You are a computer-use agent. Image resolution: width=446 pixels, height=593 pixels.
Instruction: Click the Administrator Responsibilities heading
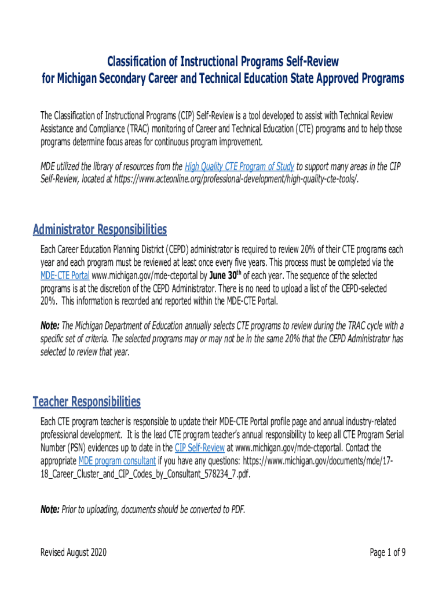tap(100, 230)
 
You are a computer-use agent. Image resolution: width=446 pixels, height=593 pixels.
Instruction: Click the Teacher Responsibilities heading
tap(86, 401)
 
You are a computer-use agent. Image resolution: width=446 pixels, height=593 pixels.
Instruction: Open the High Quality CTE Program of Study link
tap(240, 167)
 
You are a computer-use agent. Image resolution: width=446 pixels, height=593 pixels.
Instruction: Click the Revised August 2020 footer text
tap(73, 552)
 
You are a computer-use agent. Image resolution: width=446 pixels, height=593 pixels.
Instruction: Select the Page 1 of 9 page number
tap(387, 552)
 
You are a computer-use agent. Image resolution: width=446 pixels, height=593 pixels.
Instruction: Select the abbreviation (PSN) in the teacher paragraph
tap(74, 448)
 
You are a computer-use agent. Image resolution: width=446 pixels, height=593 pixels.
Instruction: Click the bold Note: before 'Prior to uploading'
tap(49, 510)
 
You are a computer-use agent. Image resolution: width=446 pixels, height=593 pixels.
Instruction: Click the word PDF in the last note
tap(236, 510)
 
